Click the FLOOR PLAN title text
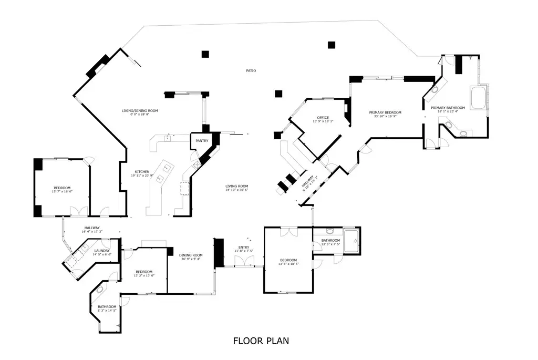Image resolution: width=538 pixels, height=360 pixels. pyautogui.click(x=261, y=341)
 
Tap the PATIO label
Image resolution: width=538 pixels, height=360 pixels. pyautogui.click(x=251, y=70)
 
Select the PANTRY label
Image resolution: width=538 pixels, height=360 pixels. pyautogui.click(x=202, y=141)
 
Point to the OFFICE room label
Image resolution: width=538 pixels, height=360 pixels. pyautogui.click(x=323, y=117)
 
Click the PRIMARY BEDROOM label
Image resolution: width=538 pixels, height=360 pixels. pyautogui.click(x=385, y=112)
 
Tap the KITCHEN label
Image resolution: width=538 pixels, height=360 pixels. pyautogui.click(x=142, y=172)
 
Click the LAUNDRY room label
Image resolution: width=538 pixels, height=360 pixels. pyautogui.click(x=102, y=251)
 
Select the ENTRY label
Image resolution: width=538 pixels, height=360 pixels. pyautogui.click(x=244, y=247)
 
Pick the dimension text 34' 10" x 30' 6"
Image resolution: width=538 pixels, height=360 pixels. pyautogui.click(x=236, y=190)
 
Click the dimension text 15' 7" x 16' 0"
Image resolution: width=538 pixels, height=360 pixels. pyautogui.click(x=61, y=192)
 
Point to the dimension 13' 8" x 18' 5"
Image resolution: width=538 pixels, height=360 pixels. pyautogui.click(x=288, y=264)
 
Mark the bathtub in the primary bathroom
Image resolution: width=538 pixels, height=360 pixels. pyautogui.click(x=479, y=98)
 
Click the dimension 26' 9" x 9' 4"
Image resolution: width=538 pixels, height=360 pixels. pyautogui.click(x=190, y=259)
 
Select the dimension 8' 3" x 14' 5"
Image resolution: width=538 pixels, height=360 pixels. pyautogui.click(x=106, y=311)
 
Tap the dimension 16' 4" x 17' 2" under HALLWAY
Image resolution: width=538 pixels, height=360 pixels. pyautogui.click(x=92, y=232)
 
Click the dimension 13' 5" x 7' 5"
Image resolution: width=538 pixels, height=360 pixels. pyautogui.click(x=331, y=244)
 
